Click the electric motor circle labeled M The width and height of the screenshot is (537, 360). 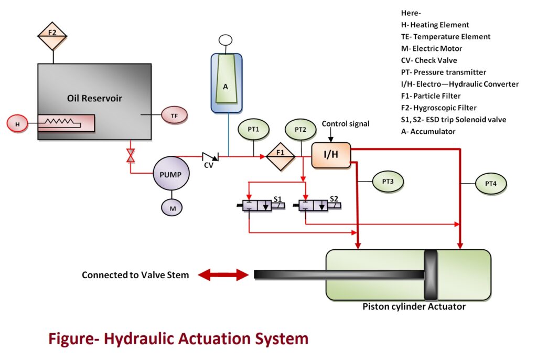171,208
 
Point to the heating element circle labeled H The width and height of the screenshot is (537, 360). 18,124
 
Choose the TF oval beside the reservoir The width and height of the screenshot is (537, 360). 174,114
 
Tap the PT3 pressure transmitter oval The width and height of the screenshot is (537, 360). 388,182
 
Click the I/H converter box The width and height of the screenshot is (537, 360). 331,155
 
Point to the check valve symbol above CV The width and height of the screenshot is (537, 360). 210,156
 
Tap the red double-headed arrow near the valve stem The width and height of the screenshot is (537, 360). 222,274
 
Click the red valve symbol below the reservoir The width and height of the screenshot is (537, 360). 131,155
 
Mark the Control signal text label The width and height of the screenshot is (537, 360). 345,124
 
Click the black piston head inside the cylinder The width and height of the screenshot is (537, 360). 430,274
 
